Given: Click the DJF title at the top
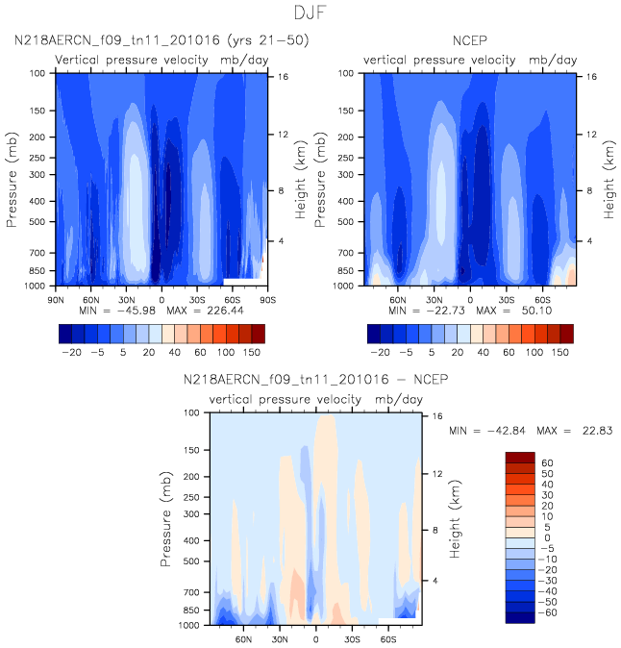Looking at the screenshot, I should [x=310, y=13].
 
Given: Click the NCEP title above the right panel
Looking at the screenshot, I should [x=469, y=40].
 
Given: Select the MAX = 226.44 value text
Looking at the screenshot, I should [x=212, y=312].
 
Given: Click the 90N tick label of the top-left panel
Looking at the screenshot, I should [x=56, y=300].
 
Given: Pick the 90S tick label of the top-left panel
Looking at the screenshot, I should [x=266, y=300].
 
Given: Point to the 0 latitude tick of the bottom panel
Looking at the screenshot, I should [x=315, y=638].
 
